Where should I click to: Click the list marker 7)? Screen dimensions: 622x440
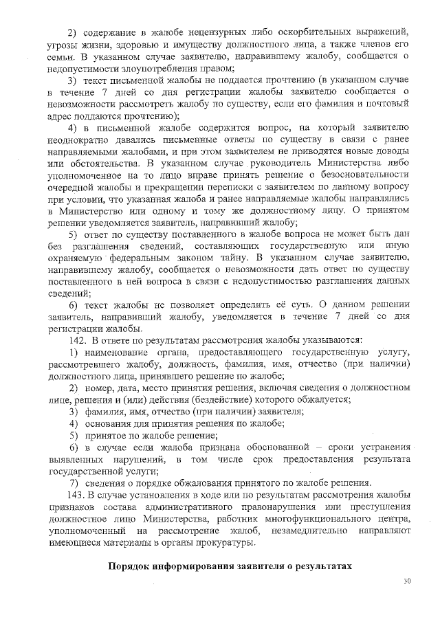75,482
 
